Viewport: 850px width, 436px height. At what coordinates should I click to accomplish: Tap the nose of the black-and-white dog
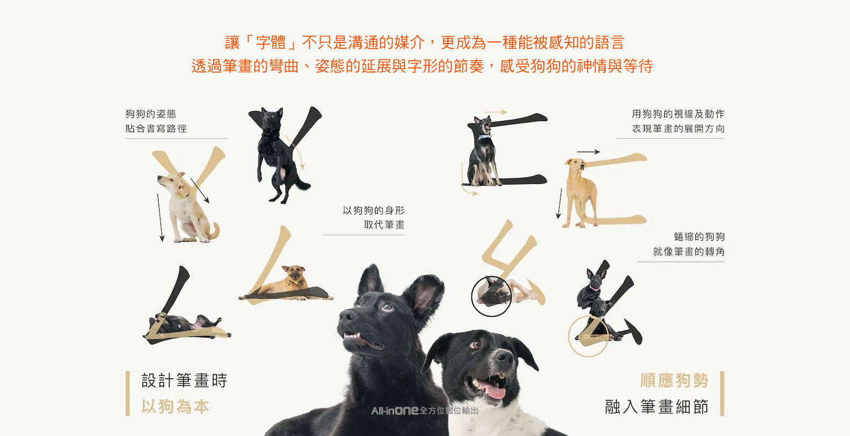coord(504,357)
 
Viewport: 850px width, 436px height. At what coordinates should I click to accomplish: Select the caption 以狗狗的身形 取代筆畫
coord(373,217)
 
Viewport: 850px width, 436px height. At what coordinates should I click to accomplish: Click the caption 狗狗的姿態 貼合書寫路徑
coord(156,121)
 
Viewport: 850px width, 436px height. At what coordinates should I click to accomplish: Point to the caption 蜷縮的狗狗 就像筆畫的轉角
coord(689,244)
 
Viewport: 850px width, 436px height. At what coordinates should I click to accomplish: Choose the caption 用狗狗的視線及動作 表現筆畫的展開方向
coord(678,121)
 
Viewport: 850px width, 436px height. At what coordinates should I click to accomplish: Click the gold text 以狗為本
coord(175,406)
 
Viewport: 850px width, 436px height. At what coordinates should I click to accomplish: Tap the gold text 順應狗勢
coord(674,380)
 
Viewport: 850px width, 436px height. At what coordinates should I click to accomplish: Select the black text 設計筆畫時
coord(184,380)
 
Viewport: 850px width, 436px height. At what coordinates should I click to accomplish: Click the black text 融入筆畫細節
coord(657,406)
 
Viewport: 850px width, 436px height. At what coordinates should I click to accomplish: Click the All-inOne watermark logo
coord(424,410)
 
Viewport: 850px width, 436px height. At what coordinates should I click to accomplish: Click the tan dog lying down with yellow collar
coord(287,284)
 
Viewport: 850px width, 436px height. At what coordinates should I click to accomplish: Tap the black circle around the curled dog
coord(471,296)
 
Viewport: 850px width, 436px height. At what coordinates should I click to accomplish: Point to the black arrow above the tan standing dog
coord(589,152)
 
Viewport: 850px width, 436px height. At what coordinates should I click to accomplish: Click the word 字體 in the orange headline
coord(271,42)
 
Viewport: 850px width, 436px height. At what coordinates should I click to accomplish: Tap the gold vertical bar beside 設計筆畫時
coord(128,394)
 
